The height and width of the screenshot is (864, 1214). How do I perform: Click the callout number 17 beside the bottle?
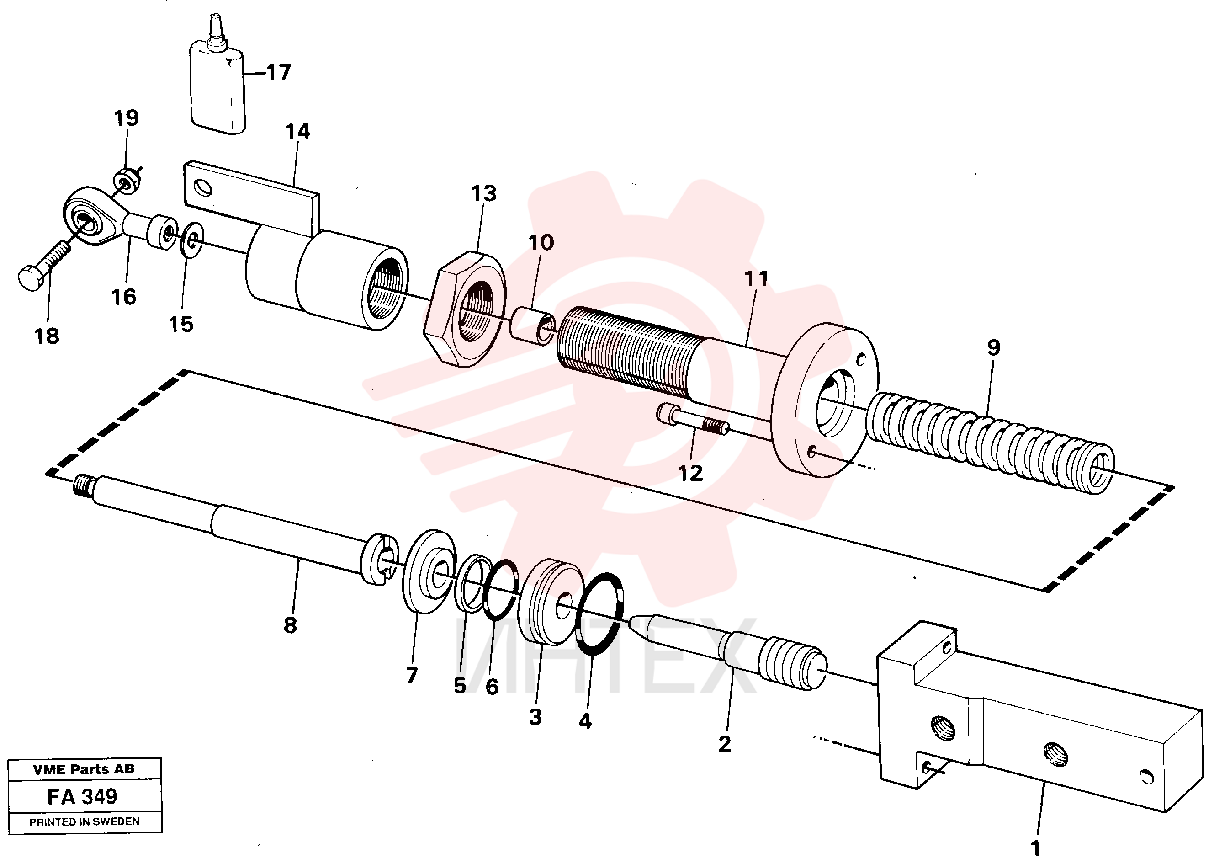(278, 72)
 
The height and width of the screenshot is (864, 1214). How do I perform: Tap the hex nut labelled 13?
(465, 309)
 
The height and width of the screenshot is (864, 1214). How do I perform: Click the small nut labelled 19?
(127, 181)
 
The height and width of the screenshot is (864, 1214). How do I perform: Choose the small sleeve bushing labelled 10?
(533, 325)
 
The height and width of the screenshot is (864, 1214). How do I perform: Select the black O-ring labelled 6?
(500, 589)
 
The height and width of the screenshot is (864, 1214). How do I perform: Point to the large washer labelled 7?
(428, 571)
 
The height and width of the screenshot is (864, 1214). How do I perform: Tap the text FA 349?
(82, 796)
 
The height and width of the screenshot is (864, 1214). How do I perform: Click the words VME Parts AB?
(84, 769)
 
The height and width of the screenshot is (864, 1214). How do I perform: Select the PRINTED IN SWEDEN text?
(85, 821)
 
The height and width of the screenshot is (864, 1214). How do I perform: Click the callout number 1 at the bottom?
(1035, 848)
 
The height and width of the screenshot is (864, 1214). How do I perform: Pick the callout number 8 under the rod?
(290, 625)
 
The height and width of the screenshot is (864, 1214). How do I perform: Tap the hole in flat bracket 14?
(203, 188)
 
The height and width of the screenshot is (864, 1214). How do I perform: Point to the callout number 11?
(756, 279)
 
